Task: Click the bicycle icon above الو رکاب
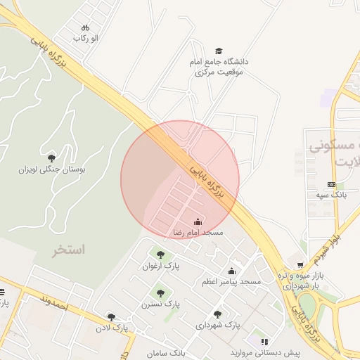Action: pyautogui.click(x=85, y=27)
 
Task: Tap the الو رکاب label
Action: pyautogui.click(x=85, y=37)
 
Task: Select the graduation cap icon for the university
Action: pyautogui.click(x=219, y=51)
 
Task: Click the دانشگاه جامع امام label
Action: pyautogui.click(x=219, y=62)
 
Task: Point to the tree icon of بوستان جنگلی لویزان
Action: pyautogui.click(x=51, y=158)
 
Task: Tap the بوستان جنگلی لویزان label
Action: pyautogui.click(x=52, y=169)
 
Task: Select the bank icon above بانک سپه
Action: pyautogui.click(x=332, y=184)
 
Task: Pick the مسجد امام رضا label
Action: pyautogui.click(x=198, y=232)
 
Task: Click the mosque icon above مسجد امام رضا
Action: pyautogui.click(x=198, y=222)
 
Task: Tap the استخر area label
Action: pyautogui.click(x=67, y=250)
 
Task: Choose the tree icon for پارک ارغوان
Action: pyautogui.click(x=160, y=255)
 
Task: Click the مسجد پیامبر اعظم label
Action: pyautogui.click(x=231, y=281)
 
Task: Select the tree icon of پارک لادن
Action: pyautogui.click(x=110, y=318)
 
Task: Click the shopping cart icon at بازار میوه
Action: pyautogui.click(x=300, y=265)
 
